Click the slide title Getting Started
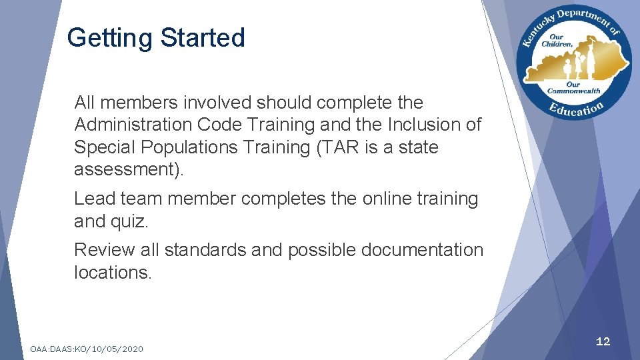click(156, 38)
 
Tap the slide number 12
click(603, 341)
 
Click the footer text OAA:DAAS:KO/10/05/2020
click(87, 349)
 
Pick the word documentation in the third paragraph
click(421, 250)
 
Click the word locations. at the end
click(113, 272)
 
